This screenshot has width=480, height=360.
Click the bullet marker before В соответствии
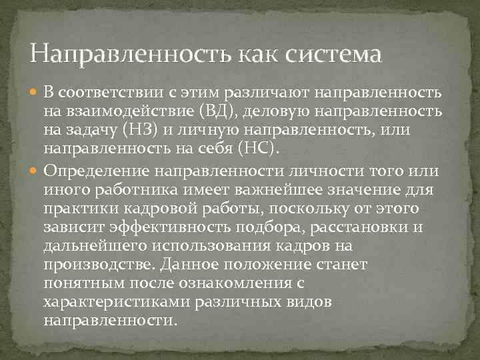coord(35,91)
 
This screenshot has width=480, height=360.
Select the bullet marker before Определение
coord(35,171)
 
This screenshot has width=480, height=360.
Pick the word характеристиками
coord(117,302)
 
